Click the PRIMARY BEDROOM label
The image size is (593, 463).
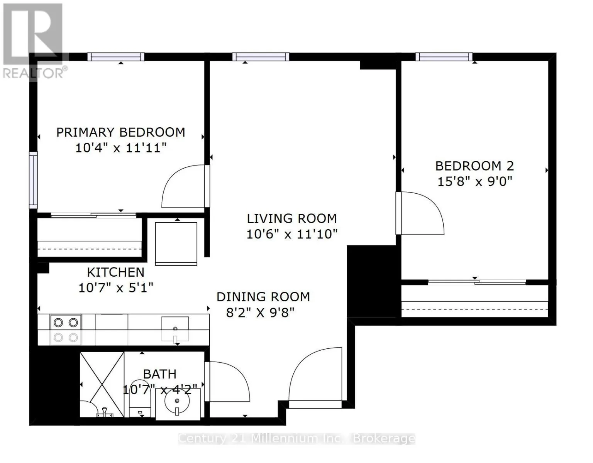click(x=120, y=132)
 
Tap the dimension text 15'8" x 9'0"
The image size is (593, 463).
click(x=474, y=181)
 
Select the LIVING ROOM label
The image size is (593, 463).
click(x=292, y=218)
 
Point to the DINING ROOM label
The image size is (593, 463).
click(x=263, y=297)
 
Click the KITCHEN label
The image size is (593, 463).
click(x=116, y=272)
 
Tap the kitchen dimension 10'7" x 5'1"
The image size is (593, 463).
click(x=116, y=288)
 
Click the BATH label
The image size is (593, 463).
click(x=160, y=374)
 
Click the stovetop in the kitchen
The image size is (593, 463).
click(x=66, y=330)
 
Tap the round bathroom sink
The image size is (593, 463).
click(x=177, y=401)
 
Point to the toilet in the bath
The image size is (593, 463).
click(x=140, y=399)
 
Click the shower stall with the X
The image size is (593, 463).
click(x=102, y=384)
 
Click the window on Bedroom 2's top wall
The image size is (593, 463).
click(x=444, y=57)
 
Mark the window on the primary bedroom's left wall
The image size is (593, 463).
click(x=33, y=180)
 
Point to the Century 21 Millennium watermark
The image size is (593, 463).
click(x=296, y=439)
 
